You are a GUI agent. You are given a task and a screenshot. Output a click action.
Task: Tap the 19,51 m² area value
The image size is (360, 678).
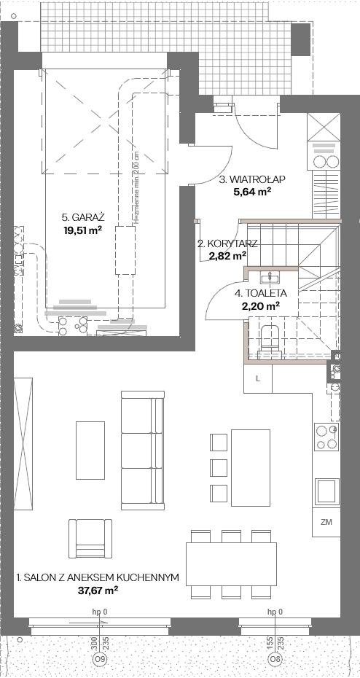coord(82,230)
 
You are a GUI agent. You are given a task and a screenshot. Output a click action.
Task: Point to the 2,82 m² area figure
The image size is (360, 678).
coord(228,256)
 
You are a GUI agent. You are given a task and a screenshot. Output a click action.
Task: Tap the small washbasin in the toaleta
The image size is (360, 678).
coord(270,276)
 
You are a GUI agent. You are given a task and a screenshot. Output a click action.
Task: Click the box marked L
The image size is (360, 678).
coord(258,378)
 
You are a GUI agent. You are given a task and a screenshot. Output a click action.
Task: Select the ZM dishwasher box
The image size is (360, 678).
coord(326,522)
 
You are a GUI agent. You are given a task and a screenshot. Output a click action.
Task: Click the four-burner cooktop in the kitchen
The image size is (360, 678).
coord(326,437)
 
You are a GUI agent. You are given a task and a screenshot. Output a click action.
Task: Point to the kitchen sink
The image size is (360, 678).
coord(326,491)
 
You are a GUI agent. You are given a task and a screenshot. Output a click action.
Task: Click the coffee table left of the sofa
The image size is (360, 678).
coord(90,450)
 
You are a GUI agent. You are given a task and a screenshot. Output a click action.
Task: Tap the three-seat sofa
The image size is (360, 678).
coord(143,450)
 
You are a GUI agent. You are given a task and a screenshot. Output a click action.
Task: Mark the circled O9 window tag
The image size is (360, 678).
coord(101,659)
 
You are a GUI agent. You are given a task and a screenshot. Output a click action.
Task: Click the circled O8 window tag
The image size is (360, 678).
coord(274,659)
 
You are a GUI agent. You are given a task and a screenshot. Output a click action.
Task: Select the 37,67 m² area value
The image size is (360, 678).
coord(97,589)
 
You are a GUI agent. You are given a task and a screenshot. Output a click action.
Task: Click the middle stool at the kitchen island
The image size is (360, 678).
coord(218,467)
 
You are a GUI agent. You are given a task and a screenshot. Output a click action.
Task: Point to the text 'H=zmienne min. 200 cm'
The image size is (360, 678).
coord(136,189)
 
